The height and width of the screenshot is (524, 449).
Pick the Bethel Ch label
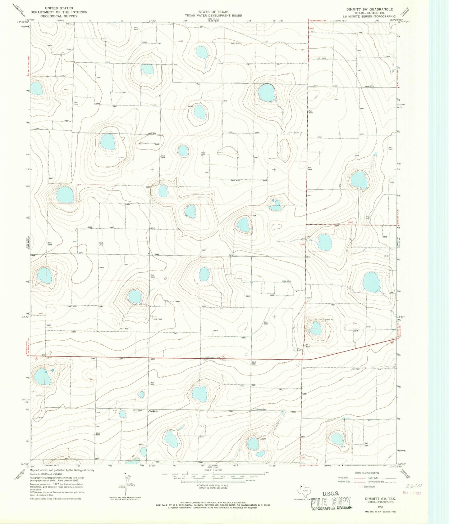tap(154, 412)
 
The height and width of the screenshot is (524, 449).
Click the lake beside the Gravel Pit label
tap(316, 328)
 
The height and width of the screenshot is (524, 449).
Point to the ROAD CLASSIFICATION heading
tap(366, 473)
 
